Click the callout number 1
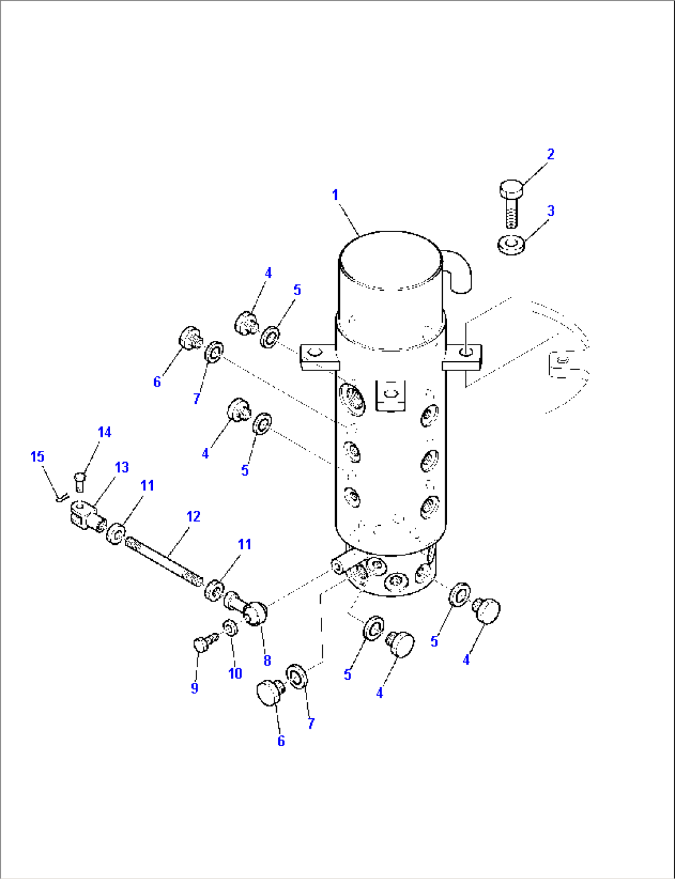click(x=335, y=195)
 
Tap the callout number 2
click(x=551, y=154)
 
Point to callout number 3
click(x=551, y=211)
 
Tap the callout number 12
click(x=193, y=517)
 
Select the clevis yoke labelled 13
click(x=84, y=516)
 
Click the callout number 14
click(x=104, y=432)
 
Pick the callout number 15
click(x=37, y=457)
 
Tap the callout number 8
click(x=267, y=661)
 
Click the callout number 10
click(x=235, y=674)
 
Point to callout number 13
click(x=121, y=467)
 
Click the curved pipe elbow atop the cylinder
click(x=459, y=270)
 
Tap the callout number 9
click(x=194, y=688)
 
